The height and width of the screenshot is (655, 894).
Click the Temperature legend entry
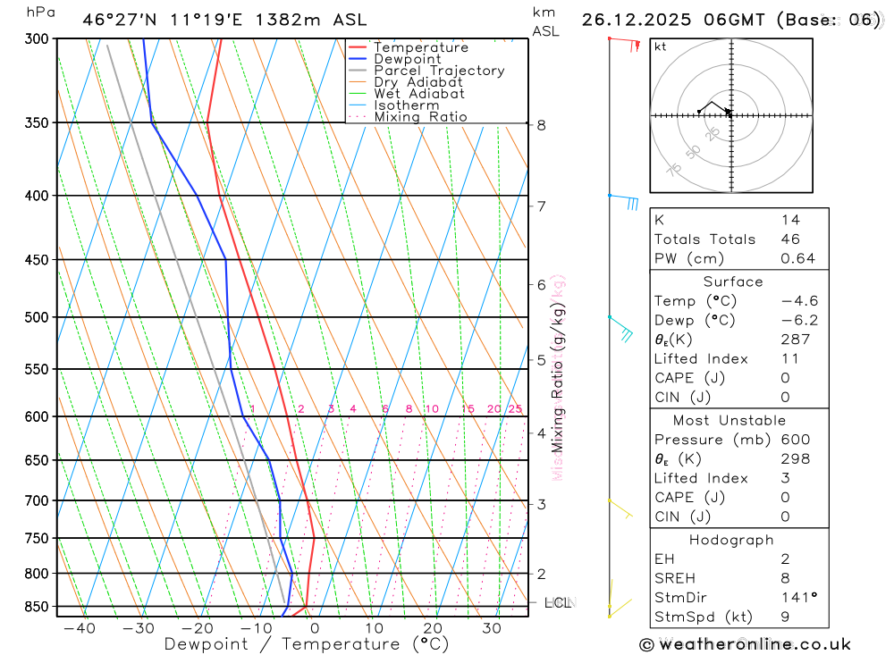pos(420,47)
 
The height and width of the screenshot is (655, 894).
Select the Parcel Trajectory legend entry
pos(439,71)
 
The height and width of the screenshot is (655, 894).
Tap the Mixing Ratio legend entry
pos(420,117)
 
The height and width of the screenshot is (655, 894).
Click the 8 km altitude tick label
pos(541,125)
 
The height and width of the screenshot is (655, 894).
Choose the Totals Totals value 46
pos(790,239)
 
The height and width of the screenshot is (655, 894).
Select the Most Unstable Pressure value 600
pos(795,440)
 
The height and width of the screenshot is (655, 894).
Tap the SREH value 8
pos(785,578)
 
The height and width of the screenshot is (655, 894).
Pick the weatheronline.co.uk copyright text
pos(745,644)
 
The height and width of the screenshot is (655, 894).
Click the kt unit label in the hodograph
pos(661,46)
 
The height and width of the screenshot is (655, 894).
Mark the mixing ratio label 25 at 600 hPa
pos(515,409)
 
